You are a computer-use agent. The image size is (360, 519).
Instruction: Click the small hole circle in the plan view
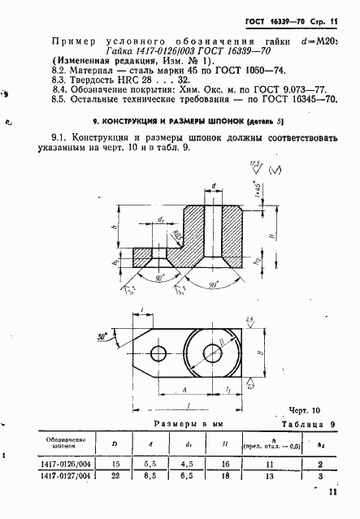[157, 352]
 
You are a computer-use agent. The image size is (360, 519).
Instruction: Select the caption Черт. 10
[306, 411]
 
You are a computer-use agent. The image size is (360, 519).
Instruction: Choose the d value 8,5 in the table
[151, 476]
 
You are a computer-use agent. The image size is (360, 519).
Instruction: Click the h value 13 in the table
[274, 476]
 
